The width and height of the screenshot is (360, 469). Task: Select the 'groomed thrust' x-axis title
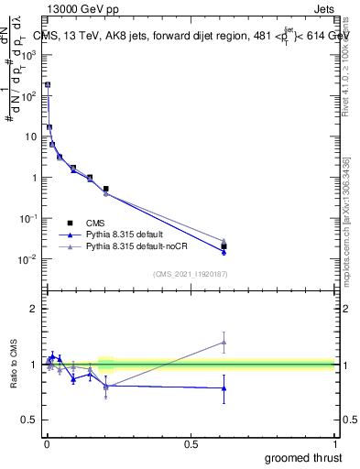pos(303,457)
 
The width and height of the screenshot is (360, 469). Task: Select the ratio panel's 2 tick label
pos(35,310)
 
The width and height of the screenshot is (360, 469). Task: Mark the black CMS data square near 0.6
pos(224,246)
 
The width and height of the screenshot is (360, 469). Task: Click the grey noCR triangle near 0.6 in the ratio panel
pos(224,343)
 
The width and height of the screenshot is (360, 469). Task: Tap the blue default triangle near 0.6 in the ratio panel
pos(224,388)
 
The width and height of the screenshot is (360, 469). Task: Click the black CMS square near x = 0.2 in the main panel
pos(106,189)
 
